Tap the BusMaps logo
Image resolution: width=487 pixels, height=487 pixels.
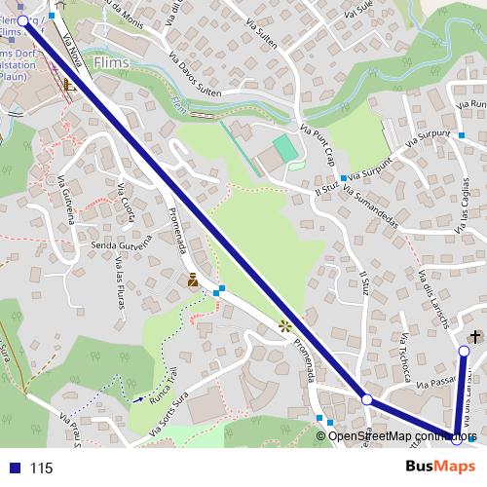[434, 467]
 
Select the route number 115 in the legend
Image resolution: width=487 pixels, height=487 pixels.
[41, 468]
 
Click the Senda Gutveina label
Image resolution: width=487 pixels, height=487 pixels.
[117, 244]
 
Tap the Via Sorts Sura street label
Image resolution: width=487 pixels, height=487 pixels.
[169, 413]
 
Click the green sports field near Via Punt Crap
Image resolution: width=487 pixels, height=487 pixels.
[283, 149]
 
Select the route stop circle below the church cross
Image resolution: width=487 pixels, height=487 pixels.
[465, 352]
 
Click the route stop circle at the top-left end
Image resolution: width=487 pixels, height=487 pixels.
[22, 20]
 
